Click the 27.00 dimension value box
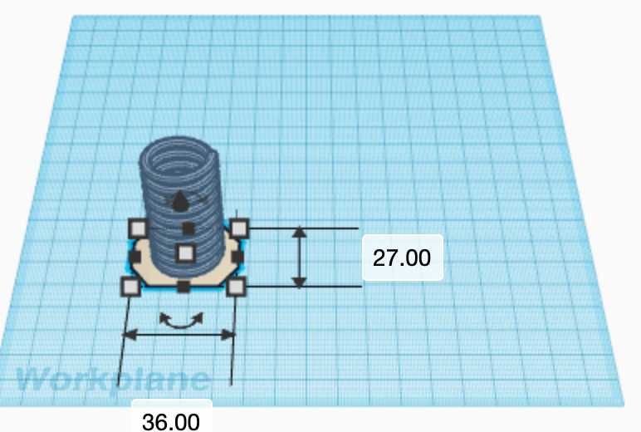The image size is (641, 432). click(402, 258)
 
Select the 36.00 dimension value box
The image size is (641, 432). click(171, 420)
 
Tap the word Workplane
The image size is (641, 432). click(113, 380)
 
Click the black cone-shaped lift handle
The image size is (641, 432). click(180, 202)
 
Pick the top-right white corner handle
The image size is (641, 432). click(239, 227)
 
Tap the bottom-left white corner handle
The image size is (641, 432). click(130, 287)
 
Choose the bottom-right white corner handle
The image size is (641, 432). click(236, 287)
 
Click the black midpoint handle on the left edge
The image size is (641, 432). click(134, 257)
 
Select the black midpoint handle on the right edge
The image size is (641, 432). click(237, 257)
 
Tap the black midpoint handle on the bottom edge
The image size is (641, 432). click(183, 287)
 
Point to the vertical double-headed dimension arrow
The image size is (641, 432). click(300, 258)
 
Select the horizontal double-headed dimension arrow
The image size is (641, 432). click(179, 335)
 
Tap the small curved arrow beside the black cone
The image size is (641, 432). click(200, 199)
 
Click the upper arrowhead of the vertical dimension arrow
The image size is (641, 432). click(300, 233)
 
